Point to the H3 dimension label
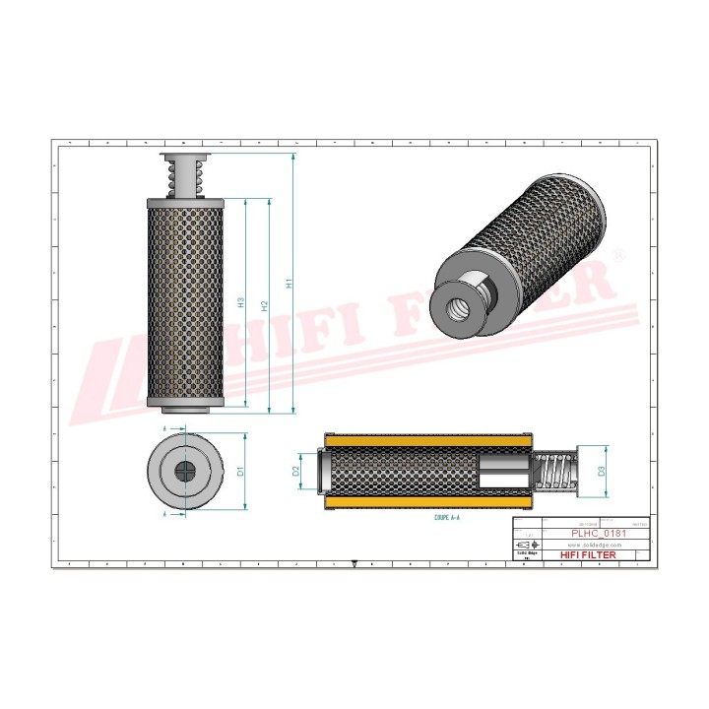coord(241,302)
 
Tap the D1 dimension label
coord(240,472)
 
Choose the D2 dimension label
coord(296,471)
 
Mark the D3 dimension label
coord(602,472)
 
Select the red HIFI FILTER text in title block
coord(589,555)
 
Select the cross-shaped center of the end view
coord(185,472)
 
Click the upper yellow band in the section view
coord(427,441)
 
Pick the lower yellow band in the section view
coord(427,503)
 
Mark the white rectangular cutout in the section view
coord(503,472)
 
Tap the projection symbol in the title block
coord(528,545)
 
